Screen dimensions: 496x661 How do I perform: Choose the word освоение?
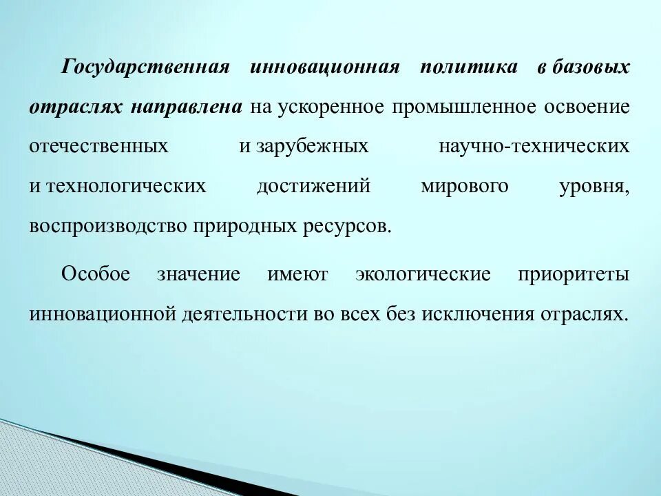(587, 107)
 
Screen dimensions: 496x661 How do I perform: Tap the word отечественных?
(99, 147)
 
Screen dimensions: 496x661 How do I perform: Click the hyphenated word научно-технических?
(534, 147)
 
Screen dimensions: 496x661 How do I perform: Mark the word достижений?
(313, 187)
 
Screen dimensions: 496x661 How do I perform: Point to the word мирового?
(464, 187)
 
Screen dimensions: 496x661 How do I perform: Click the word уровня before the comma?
(591, 187)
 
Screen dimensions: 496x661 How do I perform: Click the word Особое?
(96, 274)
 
